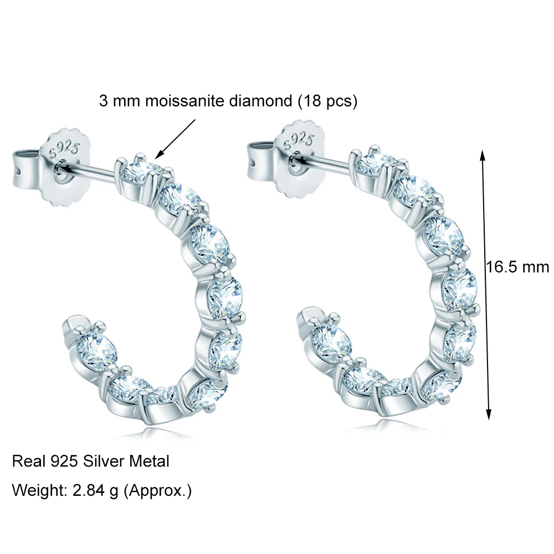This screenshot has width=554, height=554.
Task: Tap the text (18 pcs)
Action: tap(327, 101)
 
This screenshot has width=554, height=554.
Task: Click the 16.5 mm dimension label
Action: tap(517, 267)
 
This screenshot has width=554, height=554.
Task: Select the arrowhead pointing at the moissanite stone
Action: tap(158, 155)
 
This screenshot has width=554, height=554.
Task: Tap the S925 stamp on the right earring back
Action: tap(299, 140)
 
